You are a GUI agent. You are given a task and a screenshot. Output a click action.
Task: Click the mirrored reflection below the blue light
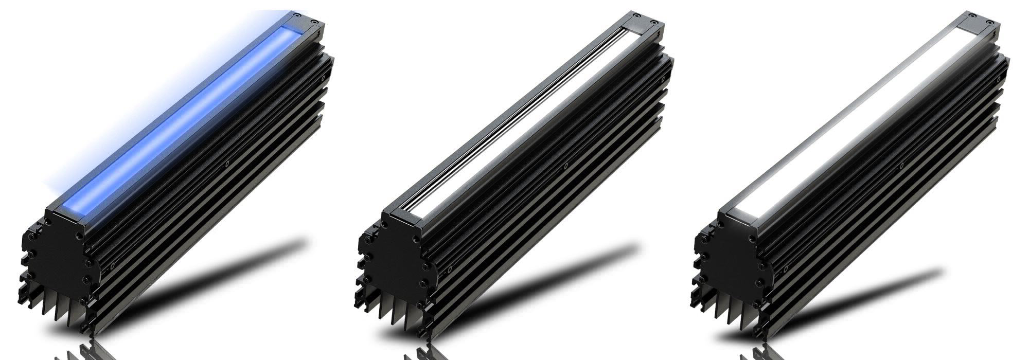click(77, 352)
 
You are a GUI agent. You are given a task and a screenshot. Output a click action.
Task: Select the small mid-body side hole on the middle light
click(565, 166)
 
